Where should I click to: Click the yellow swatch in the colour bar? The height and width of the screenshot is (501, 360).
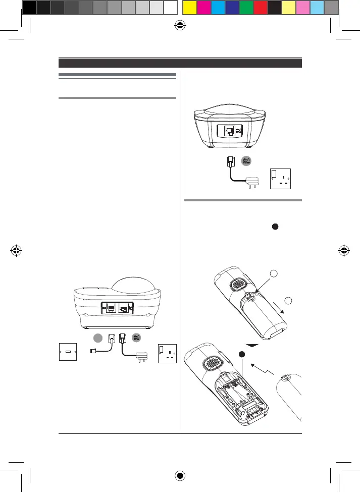[189, 7]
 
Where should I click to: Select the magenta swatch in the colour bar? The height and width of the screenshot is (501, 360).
[204, 7]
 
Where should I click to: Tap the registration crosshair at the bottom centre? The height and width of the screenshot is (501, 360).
[180, 475]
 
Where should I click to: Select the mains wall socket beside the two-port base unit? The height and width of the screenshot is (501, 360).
[167, 353]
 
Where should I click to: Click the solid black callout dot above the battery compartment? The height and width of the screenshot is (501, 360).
[243, 355]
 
